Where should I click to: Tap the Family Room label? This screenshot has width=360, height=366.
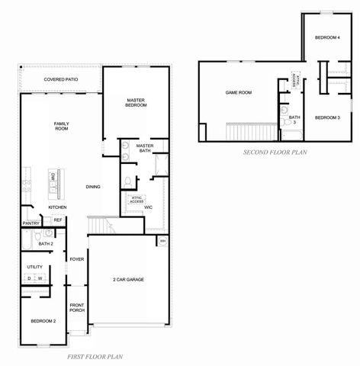coord(61,126)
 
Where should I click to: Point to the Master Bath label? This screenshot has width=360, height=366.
coord(145,146)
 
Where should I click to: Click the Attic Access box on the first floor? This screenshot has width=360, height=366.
coord(138,199)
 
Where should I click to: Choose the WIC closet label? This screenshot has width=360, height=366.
coord(148,207)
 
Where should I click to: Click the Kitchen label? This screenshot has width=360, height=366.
coord(58,207)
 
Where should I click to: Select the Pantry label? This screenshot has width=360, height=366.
coord(31,223)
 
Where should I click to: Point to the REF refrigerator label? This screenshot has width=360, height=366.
coord(58,220)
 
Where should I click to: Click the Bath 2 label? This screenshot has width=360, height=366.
coord(45,244)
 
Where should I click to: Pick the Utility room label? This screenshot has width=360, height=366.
coord(34,267)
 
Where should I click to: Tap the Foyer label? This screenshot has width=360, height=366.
coord(77,259)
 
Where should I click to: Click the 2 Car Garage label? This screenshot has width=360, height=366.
coord(128,279)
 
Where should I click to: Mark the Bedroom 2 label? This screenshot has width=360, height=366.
coord(43,322)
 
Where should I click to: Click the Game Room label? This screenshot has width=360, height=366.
coord(238,92)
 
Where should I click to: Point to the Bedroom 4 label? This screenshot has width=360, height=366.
coord(327,37)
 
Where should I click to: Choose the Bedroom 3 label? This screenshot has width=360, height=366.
coord(327,117)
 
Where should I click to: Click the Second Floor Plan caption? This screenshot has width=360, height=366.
coord(275,152)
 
